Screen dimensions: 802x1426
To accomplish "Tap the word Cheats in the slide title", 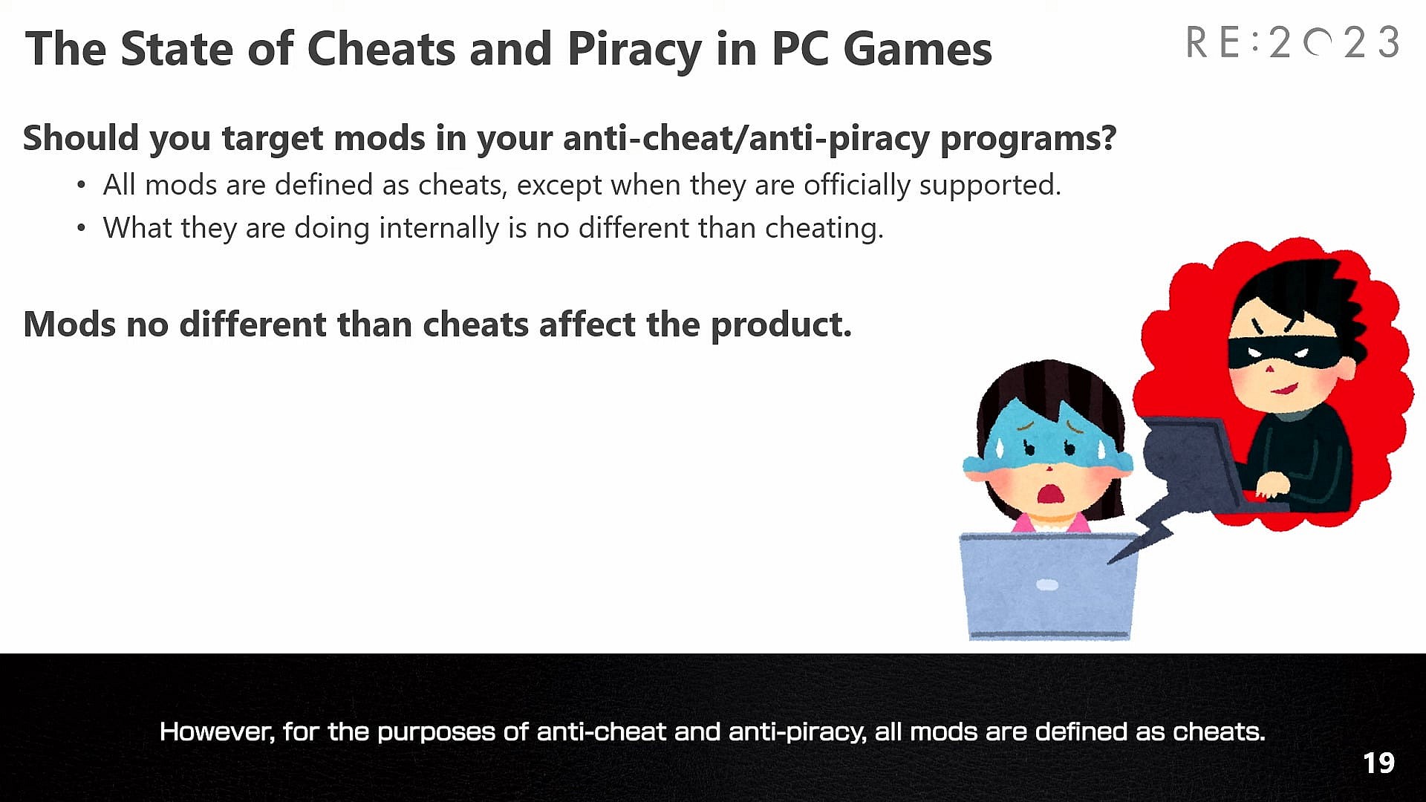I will [382, 49].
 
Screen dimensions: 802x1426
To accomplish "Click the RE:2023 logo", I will [1292, 42].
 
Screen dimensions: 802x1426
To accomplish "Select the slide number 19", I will [1378, 763].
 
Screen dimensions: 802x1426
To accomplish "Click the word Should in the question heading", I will [80, 138].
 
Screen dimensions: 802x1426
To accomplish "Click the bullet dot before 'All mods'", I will [82, 185].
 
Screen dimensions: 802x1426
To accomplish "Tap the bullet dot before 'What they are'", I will [82, 228].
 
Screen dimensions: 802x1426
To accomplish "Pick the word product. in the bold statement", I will [781, 325].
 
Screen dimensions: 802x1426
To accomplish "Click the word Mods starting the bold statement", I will [70, 325].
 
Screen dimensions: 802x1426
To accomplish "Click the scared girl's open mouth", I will [1048, 492].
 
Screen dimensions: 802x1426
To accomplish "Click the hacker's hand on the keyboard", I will [1272, 485].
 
